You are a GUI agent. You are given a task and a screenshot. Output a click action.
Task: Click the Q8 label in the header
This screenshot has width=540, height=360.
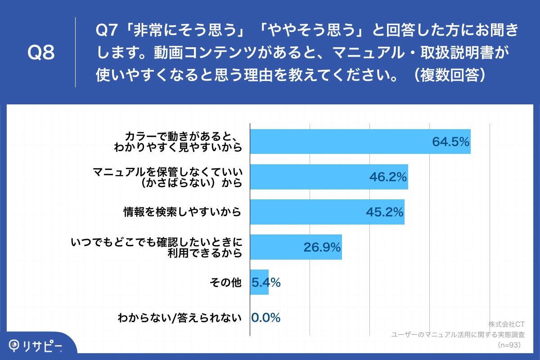(x=41, y=53)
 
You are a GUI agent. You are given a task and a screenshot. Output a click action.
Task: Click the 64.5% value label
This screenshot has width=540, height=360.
(x=450, y=142)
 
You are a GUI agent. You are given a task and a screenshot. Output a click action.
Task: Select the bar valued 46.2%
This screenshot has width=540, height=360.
(x=328, y=176)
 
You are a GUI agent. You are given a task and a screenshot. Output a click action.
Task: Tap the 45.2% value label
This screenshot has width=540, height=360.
(x=384, y=212)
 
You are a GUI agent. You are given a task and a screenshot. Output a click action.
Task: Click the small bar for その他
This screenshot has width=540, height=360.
(x=259, y=282)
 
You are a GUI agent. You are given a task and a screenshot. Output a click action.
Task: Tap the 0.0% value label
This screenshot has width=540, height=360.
(x=266, y=318)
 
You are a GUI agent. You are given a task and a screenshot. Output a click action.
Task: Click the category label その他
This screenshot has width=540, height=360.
(x=226, y=283)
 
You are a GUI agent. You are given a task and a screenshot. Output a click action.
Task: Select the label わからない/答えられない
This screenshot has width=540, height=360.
(x=180, y=318)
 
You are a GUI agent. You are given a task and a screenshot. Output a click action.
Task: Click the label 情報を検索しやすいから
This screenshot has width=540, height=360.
(x=183, y=212)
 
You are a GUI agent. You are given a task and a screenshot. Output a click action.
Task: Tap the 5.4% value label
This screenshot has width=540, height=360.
(x=266, y=283)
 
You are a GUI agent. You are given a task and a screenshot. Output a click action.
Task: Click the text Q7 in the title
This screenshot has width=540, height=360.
(x=107, y=31)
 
